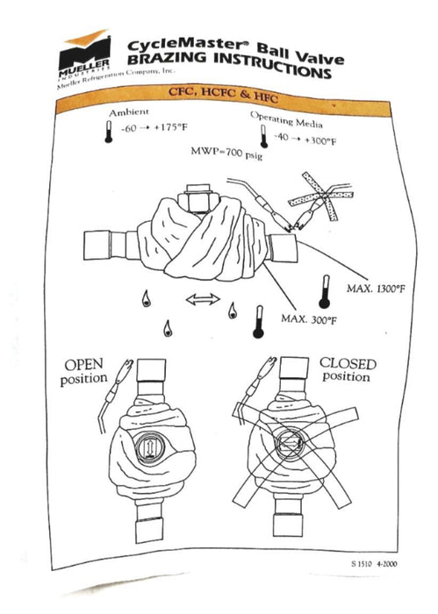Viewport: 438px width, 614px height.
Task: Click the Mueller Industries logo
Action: [84, 54]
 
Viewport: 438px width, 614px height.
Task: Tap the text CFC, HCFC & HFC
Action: [223, 95]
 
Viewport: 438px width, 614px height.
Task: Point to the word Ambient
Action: [129, 113]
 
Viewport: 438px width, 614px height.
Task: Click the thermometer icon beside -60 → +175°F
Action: [109, 132]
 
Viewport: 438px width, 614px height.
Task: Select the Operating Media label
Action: [286, 120]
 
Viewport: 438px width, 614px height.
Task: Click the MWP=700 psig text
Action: [226, 153]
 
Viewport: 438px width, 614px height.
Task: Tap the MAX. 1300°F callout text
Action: [376, 289]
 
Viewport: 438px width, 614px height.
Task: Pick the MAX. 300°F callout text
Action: [309, 319]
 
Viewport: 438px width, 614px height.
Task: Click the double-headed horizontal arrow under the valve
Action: [203, 300]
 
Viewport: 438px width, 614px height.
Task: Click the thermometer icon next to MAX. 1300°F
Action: [325, 292]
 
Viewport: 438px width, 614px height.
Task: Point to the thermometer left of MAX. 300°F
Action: [258, 322]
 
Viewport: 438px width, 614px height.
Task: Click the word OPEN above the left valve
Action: [84, 365]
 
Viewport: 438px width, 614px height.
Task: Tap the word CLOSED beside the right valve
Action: [348, 364]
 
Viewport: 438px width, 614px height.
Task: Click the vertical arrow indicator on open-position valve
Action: [149, 448]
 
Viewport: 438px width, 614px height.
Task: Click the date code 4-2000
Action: [387, 564]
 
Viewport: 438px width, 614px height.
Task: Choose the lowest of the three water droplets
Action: [168, 329]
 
